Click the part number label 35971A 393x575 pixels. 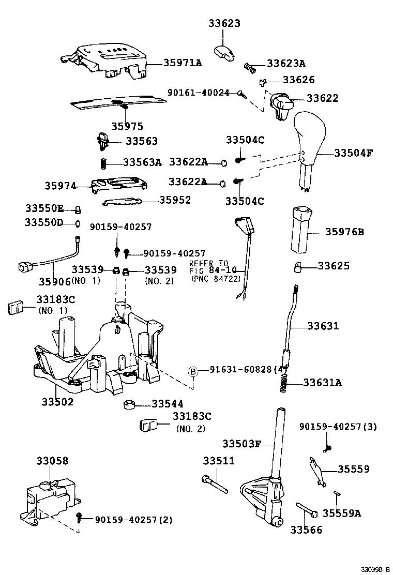pos(183,63)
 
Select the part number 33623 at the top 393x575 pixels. pos(224,23)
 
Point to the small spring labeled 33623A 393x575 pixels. pos(251,67)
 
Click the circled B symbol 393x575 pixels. pos(192,370)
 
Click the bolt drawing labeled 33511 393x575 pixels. pos(215,483)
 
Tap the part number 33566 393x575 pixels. pos(306,529)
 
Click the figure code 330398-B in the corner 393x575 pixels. pos(375,569)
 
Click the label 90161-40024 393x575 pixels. pos(199,93)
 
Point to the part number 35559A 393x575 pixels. pos(342,513)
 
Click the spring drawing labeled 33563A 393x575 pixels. pos(103,163)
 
